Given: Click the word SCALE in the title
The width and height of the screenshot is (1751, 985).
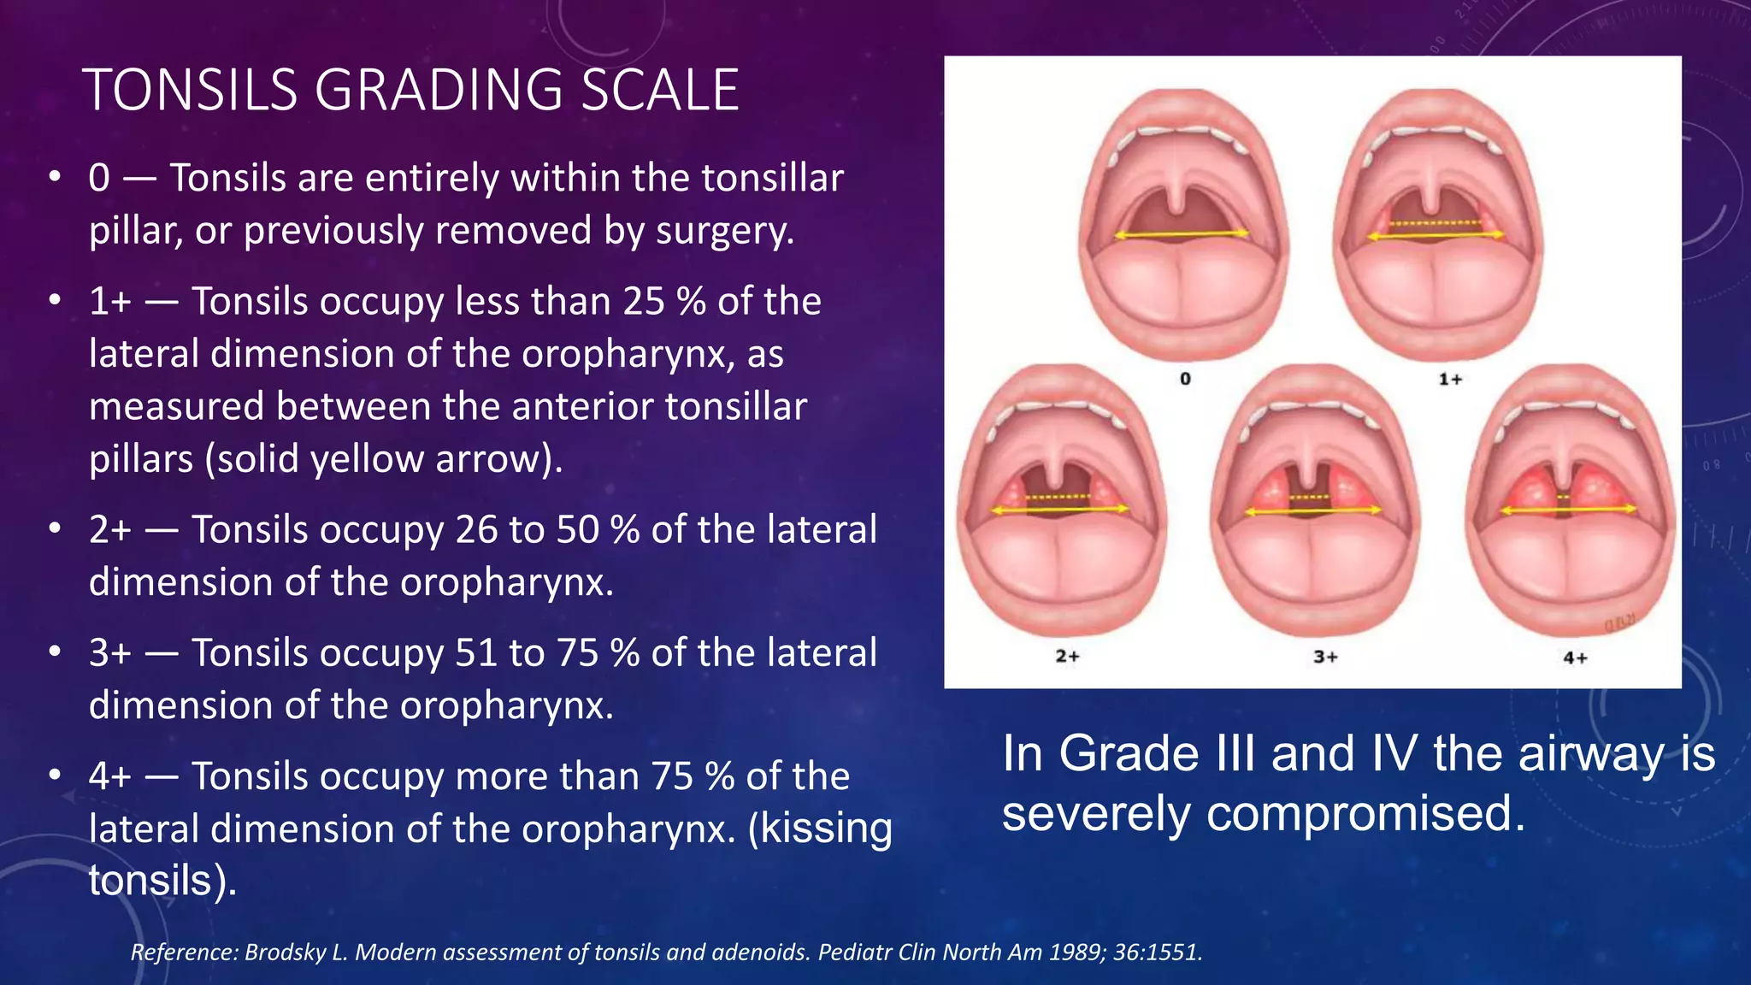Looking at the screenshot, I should pos(659,90).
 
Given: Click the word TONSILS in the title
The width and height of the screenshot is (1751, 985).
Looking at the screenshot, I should pos(190,90).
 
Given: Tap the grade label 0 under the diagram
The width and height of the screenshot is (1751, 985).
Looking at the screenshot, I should pos(1185,378).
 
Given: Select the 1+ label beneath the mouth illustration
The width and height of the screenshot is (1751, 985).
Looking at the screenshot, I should pos(1450,378).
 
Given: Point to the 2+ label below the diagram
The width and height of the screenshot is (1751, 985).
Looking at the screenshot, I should pos(1067,656).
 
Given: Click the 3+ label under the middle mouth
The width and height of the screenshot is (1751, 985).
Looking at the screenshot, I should pos(1325,657).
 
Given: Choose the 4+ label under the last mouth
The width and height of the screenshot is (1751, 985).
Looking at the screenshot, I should pos(1575,658).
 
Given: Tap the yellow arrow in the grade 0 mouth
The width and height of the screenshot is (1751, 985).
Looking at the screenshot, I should pos(1181,233).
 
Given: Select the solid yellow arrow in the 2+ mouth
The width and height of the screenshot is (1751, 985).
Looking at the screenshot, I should pos(1059,510).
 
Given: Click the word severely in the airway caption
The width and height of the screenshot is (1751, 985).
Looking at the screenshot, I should pos(1096,812).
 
